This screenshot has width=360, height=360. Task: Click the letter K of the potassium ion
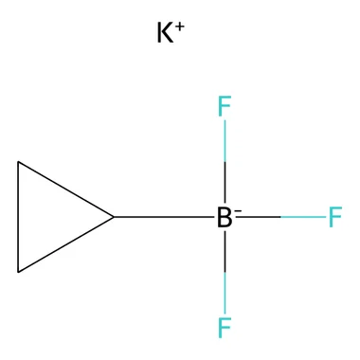(165, 32)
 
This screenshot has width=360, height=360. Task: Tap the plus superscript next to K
(180, 27)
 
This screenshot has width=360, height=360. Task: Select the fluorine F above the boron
(225, 106)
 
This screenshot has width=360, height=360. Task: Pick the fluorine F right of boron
(335, 217)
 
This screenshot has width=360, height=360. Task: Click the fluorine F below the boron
(225, 327)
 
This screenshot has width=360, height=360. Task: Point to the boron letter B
(225, 217)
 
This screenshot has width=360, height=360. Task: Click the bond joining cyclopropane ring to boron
(164, 217)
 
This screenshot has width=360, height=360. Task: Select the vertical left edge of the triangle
(18, 217)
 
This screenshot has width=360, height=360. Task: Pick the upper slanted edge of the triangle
(65, 189)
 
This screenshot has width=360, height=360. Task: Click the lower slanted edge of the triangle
(65, 244)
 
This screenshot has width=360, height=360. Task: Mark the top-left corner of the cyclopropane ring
(18, 162)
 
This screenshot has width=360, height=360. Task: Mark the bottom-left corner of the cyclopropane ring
(18, 272)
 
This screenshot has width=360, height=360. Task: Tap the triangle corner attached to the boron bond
(114, 217)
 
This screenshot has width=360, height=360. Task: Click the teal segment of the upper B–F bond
(225, 141)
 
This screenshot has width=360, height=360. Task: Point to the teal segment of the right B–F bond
(303, 217)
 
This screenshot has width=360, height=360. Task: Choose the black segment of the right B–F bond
(258, 217)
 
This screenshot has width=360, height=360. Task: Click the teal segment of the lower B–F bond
(225, 293)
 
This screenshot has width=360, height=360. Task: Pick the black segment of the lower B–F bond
(225, 251)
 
